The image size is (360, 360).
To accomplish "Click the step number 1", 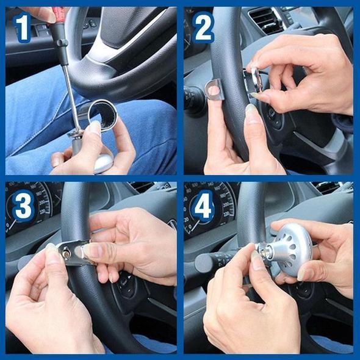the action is (x=22, y=27).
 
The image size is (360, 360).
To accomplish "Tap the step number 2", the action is (x=203, y=27).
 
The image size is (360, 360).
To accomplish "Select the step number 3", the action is (x=23, y=206).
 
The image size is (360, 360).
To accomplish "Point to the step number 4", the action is (x=203, y=206).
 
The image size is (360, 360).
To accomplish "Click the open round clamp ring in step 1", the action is (x=103, y=115).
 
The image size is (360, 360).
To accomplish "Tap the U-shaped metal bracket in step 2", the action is (x=215, y=90).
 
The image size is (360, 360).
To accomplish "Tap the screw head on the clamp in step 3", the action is (x=66, y=251).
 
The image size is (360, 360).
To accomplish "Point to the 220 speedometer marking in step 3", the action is (x=43, y=212).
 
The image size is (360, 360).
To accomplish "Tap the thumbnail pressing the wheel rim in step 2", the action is (x=250, y=109).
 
